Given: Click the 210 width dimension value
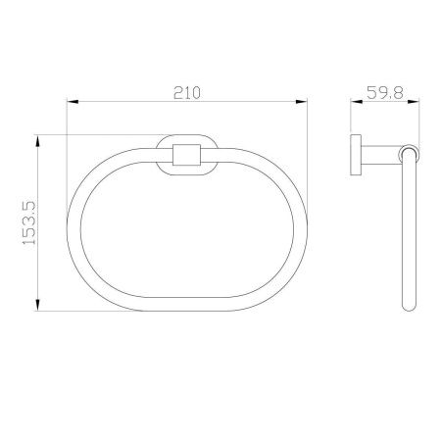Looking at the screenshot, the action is (187, 93).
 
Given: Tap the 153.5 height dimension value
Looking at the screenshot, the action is (28, 223).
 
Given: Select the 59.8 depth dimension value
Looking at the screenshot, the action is (385, 93).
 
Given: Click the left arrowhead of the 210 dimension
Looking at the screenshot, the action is (73, 102).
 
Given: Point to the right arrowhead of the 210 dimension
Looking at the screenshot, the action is (302, 102).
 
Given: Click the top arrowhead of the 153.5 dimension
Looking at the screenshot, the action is (38, 141).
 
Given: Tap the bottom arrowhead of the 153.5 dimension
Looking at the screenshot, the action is (38, 305).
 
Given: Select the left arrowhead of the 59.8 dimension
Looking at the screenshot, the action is (357, 102).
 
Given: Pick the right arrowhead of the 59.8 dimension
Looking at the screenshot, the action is (414, 102).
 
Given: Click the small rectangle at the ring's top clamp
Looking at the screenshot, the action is (186, 155).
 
